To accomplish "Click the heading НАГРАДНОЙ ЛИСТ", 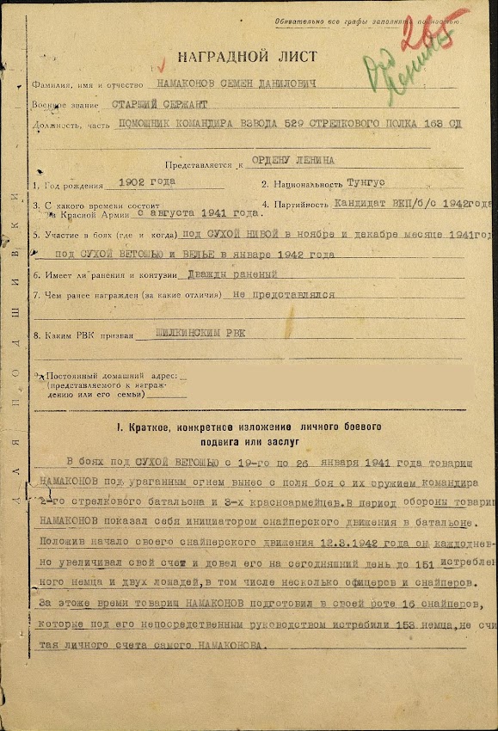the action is pyautogui.click(x=235, y=57).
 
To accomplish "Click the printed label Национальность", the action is pyautogui.click(x=305, y=185).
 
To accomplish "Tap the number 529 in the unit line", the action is pyautogui.click(x=330, y=125).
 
